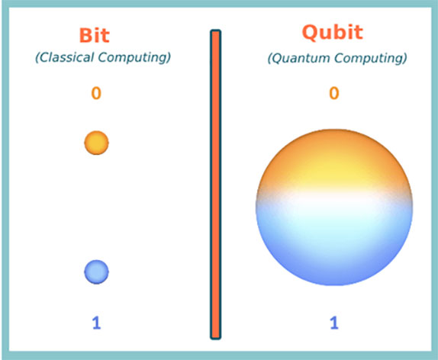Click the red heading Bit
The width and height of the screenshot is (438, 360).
95,35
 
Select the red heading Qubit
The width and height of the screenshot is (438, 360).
333,32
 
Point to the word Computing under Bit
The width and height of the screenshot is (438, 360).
134,57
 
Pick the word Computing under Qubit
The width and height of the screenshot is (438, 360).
371,58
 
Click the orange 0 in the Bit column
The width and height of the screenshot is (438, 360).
96,93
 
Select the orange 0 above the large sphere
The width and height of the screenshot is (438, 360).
334,93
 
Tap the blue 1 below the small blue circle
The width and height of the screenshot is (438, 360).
96,323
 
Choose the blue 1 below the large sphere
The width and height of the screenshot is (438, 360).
334,323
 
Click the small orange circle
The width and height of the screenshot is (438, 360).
96,143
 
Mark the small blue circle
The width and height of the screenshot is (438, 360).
96,272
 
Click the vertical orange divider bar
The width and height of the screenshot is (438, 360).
216,185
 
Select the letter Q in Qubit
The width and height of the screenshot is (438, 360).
310,33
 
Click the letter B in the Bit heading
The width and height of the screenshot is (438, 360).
85,36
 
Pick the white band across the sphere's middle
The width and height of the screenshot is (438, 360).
334,200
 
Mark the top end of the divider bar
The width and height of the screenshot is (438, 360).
216,30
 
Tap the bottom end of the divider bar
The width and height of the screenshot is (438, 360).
216,339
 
